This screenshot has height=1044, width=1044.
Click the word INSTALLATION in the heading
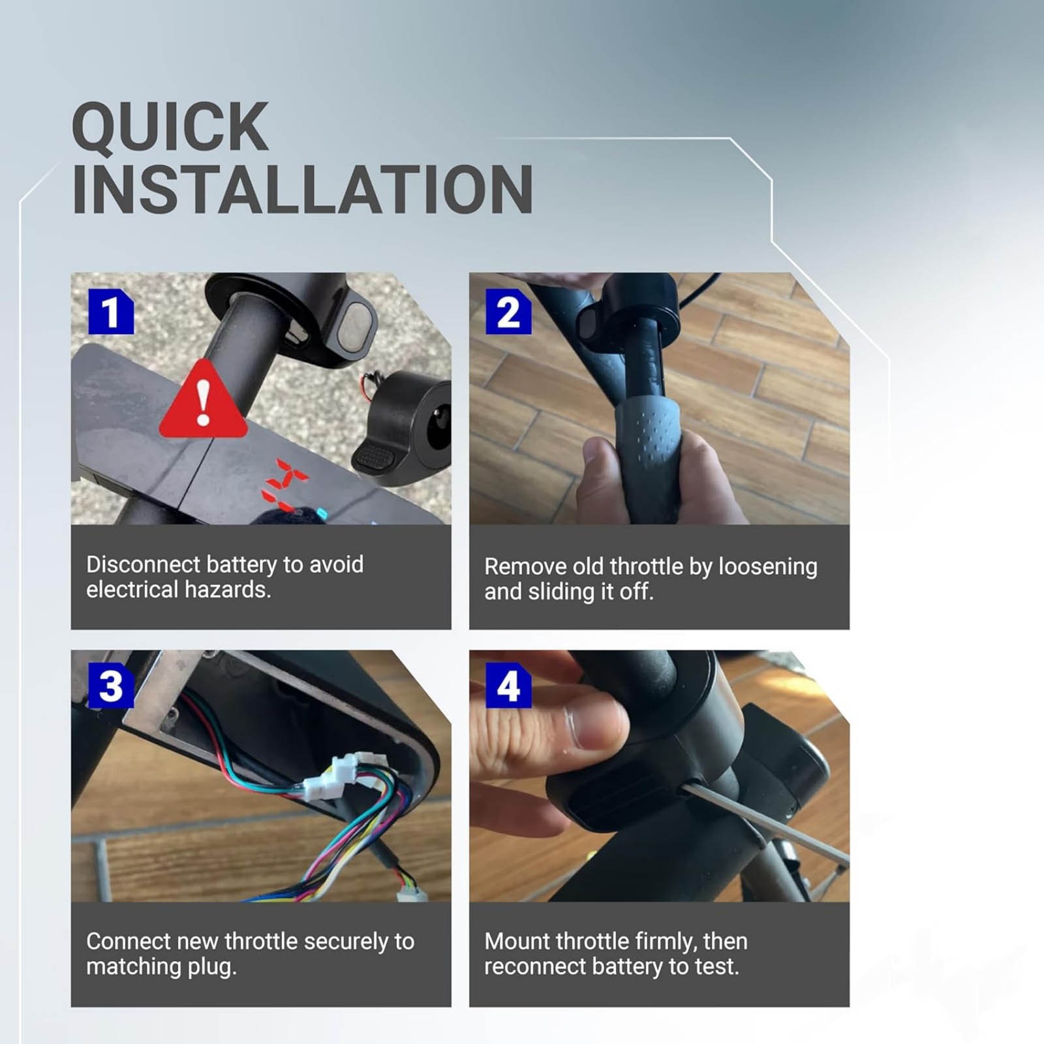(x=302, y=189)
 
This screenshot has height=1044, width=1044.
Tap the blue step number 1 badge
(x=111, y=312)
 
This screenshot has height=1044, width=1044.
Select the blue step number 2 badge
(x=508, y=312)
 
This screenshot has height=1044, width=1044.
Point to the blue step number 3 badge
(x=111, y=686)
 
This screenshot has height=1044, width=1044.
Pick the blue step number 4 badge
(x=508, y=686)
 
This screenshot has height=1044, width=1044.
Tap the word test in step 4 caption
(x=718, y=966)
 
